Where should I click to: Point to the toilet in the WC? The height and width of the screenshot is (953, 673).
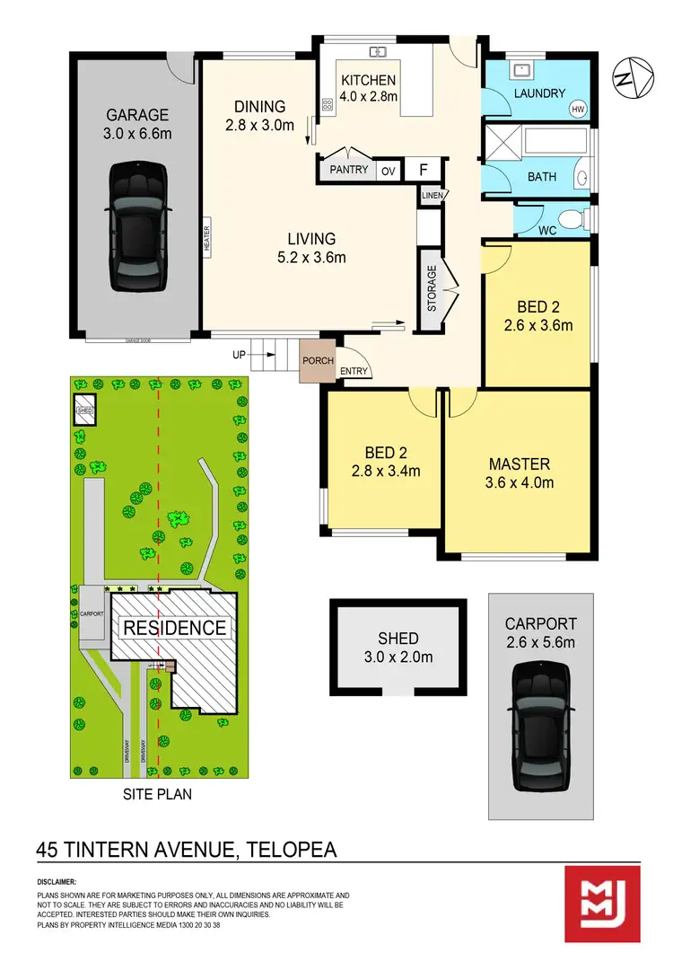point(568,218)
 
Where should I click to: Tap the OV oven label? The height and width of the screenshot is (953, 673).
point(388,171)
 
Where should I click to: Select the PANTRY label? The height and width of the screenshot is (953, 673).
point(349,170)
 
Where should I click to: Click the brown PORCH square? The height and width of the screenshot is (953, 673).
point(317,360)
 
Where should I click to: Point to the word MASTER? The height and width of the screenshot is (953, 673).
point(519,464)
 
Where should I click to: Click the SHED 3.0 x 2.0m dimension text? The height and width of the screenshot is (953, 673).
point(398,657)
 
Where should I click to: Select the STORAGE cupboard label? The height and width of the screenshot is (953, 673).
point(432,287)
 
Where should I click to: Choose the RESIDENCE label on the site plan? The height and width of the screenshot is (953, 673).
point(174,627)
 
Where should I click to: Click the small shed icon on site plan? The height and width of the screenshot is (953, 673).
point(85,410)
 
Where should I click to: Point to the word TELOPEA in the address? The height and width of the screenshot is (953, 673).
point(286,849)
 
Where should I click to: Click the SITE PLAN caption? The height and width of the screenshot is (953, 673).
point(157,795)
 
